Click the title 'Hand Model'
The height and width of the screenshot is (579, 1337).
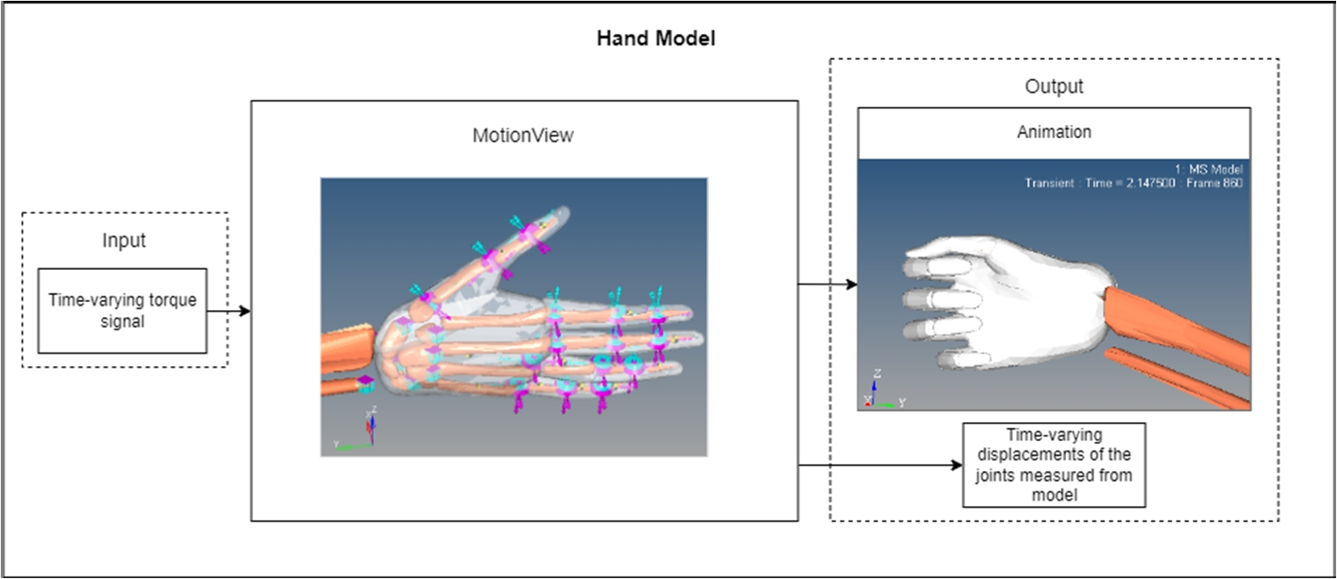click(x=655, y=40)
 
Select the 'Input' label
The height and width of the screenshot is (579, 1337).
click(x=124, y=241)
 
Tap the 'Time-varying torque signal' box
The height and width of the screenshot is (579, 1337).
click(x=123, y=310)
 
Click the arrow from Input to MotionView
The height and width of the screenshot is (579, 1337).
click(x=228, y=312)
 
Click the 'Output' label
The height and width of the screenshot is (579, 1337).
click(x=1054, y=87)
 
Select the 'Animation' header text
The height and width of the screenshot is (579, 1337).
click(x=1054, y=133)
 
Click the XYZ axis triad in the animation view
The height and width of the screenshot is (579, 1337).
click(x=878, y=394)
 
